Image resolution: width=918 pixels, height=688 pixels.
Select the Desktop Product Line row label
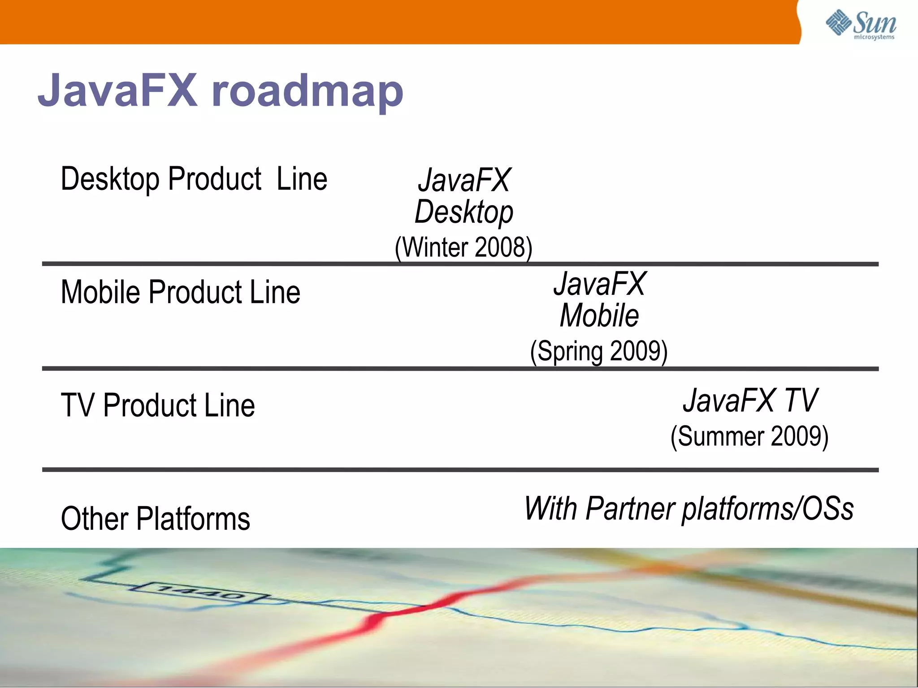[x=194, y=179]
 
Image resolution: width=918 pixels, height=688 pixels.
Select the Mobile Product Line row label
[x=180, y=292]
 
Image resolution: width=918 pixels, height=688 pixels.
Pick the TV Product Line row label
[x=158, y=405]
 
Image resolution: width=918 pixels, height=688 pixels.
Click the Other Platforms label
[x=155, y=519]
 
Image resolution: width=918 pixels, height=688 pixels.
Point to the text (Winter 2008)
[x=463, y=247]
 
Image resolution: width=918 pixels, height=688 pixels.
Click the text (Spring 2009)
[x=599, y=351]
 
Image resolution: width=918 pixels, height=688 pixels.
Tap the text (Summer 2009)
[x=749, y=436]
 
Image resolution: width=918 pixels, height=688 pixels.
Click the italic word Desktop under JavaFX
[x=464, y=212]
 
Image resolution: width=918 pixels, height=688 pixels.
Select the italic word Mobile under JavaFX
[x=599, y=316]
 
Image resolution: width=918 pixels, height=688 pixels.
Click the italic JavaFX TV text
[x=750, y=400]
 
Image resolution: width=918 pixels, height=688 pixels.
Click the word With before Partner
[x=551, y=508]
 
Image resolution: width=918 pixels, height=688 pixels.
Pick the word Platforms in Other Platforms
[x=193, y=519]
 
